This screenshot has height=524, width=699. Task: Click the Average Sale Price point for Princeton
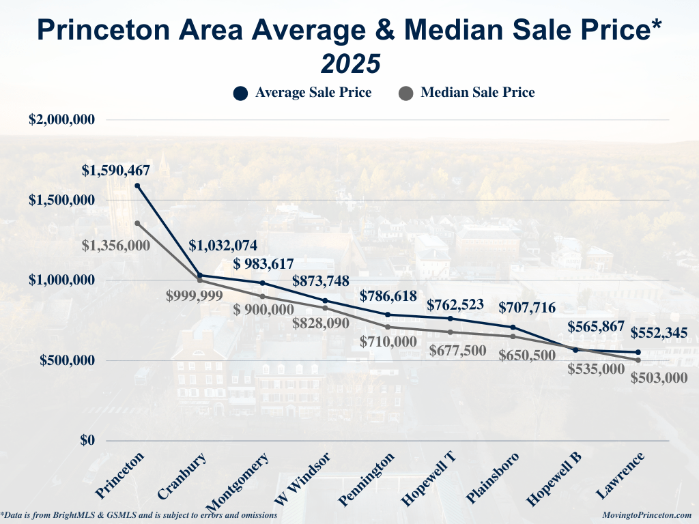tap(137, 186)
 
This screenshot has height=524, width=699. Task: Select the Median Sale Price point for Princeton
tap(137, 223)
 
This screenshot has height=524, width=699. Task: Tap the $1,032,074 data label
tap(223, 246)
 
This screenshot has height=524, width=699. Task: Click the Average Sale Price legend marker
tap(240, 93)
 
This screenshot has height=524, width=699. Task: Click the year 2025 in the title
tap(349, 63)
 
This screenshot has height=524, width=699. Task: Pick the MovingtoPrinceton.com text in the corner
tap(648, 515)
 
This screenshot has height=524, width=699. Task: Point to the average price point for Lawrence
tap(638, 352)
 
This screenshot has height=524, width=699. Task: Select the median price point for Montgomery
tap(262, 296)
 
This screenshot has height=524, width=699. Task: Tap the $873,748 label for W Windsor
tap(320, 280)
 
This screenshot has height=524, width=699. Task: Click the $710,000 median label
tap(388, 341)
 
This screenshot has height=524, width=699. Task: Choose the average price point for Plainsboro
tap(513, 327)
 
